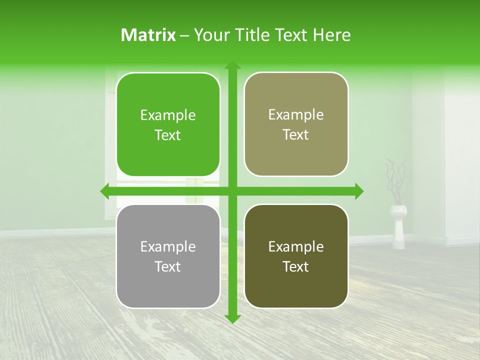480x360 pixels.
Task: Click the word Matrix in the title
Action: (x=148, y=35)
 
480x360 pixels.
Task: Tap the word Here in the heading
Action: (x=331, y=35)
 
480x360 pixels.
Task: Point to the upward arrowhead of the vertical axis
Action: (x=232, y=65)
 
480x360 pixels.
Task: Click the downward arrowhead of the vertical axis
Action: (x=232, y=319)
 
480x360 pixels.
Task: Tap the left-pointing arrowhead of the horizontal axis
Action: (x=105, y=191)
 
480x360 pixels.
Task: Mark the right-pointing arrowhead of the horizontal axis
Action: (x=359, y=191)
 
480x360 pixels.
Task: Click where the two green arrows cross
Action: (x=232, y=191)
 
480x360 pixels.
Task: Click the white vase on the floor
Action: (x=398, y=227)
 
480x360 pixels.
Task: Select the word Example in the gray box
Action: (x=168, y=246)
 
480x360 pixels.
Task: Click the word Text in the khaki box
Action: (x=296, y=134)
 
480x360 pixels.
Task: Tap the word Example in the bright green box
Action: (x=168, y=115)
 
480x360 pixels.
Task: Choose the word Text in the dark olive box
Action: (x=296, y=266)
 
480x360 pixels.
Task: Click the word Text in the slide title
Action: (x=290, y=35)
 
